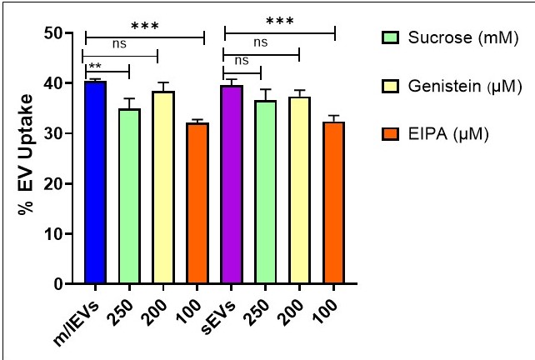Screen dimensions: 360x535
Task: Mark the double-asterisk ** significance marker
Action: (x=95, y=66)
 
